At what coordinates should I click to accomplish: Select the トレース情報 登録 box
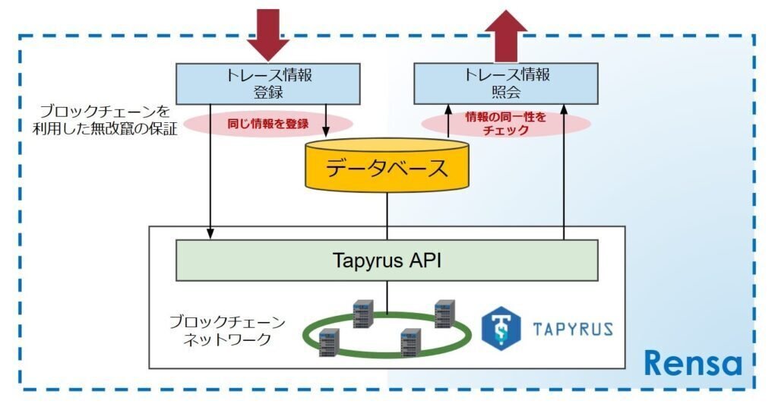tap(268, 84)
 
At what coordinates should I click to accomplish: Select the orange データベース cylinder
tap(387, 168)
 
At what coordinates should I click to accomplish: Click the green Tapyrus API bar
tap(387, 260)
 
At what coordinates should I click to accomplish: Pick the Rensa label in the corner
tap(692, 363)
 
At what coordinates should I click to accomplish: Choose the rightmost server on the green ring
tap(444, 314)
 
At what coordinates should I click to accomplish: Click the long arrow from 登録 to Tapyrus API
tap(210, 175)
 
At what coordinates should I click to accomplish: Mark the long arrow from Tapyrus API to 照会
tap(565, 175)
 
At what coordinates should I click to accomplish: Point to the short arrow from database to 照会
tap(448, 122)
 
